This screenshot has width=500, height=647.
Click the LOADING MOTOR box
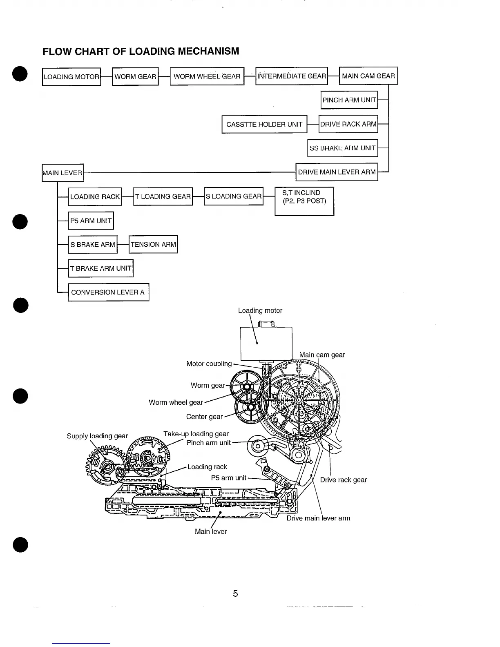[71, 77]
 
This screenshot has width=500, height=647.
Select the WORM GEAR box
[135, 76]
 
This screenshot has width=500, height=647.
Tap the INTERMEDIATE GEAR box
[292, 76]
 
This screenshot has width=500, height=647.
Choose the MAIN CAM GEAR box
[368, 76]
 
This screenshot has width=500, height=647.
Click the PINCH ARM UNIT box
[349, 100]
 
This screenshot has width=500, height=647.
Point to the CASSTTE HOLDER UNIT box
[264, 125]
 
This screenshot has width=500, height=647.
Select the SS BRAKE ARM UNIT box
[342, 148]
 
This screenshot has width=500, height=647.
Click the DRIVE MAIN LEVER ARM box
[337, 172]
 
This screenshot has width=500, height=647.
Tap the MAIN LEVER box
[63, 173]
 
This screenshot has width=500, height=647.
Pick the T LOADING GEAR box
[163, 196]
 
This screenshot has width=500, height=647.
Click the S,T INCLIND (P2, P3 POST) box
[304, 201]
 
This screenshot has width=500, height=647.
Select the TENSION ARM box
[153, 245]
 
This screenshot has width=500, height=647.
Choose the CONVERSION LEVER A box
[108, 292]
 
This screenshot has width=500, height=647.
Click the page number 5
[235, 593]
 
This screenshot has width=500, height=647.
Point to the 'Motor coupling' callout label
[209, 364]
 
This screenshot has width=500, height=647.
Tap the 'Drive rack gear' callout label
[343, 480]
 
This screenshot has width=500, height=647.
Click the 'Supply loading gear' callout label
[97, 436]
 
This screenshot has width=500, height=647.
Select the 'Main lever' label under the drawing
[210, 531]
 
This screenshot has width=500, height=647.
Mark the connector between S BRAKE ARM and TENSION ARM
[123, 245]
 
